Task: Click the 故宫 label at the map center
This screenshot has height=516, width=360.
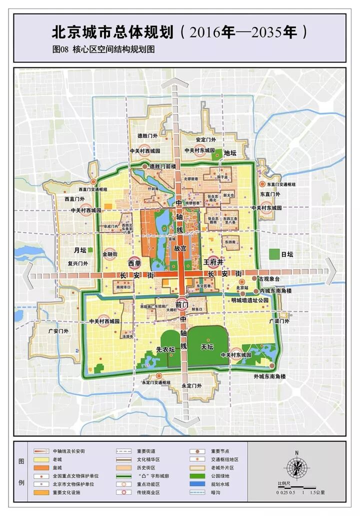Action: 180,248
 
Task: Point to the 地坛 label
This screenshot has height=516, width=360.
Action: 230,153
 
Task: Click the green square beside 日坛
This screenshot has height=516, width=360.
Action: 273,254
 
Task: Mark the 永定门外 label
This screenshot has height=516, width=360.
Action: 191,386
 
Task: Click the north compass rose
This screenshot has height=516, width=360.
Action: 296,468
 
